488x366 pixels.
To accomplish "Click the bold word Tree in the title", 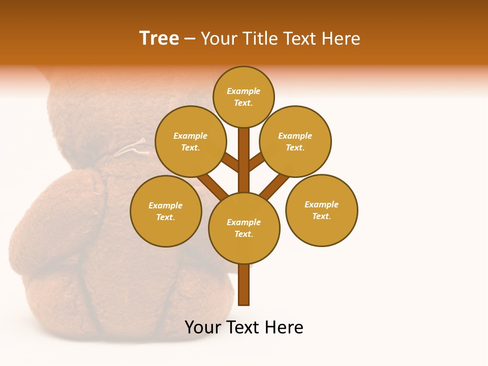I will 159,38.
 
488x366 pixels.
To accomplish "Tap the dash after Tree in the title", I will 190,39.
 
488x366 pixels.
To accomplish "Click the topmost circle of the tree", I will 243,97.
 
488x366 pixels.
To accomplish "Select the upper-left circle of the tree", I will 191,141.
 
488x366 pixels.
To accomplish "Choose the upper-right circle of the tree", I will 295,141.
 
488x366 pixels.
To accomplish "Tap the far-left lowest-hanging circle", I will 166,211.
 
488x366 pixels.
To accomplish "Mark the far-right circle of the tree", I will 321,210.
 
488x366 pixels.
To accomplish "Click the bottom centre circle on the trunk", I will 244,228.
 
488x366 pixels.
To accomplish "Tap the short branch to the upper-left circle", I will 231,162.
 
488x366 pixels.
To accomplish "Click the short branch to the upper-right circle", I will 256,162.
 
